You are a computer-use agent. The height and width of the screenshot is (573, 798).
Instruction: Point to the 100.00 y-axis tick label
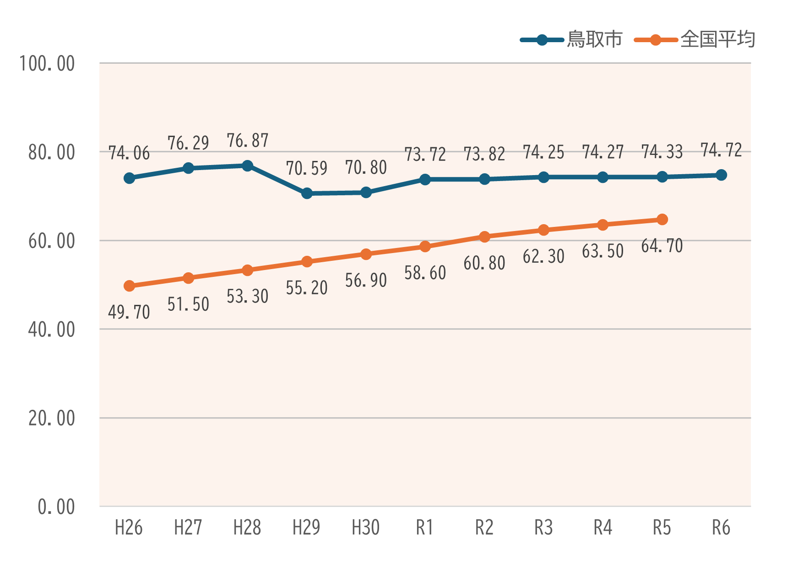[47, 64]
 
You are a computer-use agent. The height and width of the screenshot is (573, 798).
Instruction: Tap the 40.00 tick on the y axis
[52, 330]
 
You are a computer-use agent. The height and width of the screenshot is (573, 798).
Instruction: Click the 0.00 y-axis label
[56, 507]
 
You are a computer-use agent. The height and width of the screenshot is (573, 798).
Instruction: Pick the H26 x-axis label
[129, 528]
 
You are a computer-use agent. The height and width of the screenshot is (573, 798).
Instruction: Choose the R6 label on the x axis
[721, 528]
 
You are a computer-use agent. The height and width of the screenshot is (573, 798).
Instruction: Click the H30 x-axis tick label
[365, 528]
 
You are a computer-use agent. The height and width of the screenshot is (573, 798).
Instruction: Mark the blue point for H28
[247, 165]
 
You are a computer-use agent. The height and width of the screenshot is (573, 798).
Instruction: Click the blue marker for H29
[307, 193]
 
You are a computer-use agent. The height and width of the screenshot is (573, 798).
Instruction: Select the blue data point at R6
[721, 175]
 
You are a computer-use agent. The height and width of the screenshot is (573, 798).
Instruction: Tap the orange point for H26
[129, 286]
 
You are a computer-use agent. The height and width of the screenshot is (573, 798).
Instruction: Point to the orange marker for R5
[662, 220]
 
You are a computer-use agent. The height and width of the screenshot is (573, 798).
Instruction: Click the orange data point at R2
[484, 237]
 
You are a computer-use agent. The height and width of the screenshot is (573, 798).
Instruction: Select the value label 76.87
[247, 141]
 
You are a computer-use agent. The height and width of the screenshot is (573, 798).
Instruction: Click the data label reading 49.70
[129, 312]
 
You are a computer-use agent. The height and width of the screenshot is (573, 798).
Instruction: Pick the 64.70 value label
[662, 246]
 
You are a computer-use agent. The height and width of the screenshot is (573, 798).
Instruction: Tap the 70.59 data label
[307, 168]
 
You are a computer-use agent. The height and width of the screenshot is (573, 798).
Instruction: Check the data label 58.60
[425, 273]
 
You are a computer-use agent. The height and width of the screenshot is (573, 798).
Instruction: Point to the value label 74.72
[721, 150]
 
